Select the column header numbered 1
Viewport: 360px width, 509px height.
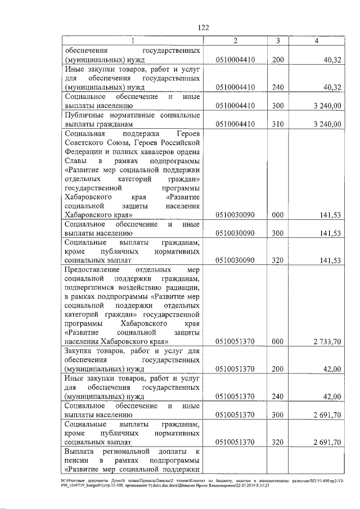(133, 42)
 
